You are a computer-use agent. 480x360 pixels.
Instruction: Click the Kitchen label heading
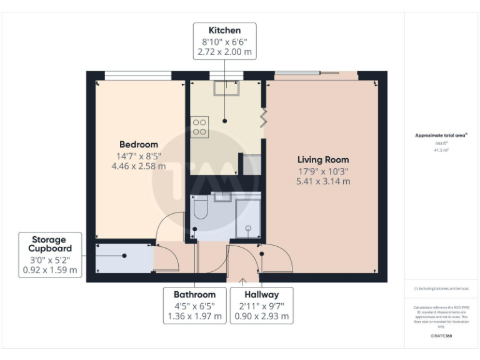tap(224, 30)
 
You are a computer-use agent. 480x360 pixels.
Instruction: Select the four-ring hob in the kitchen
tap(200, 127)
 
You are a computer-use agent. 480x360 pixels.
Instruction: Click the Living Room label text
tap(322, 159)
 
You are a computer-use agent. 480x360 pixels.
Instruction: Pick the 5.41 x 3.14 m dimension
tap(322, 181)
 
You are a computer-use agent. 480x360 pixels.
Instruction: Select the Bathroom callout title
tap(194, 294)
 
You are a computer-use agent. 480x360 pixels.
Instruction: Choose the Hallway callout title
tap(261, 294)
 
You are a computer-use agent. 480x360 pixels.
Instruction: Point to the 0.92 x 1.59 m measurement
tap(50, 270)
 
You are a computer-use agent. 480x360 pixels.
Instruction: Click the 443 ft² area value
tap(442, 144)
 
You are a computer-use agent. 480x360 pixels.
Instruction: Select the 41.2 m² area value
tap(442, 151)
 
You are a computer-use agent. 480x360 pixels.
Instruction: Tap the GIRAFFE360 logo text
tap(441, 336)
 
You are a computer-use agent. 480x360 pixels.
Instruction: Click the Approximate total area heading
tap(441, 135)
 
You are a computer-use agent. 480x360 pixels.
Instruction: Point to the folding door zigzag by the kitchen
tap(264, 116)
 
